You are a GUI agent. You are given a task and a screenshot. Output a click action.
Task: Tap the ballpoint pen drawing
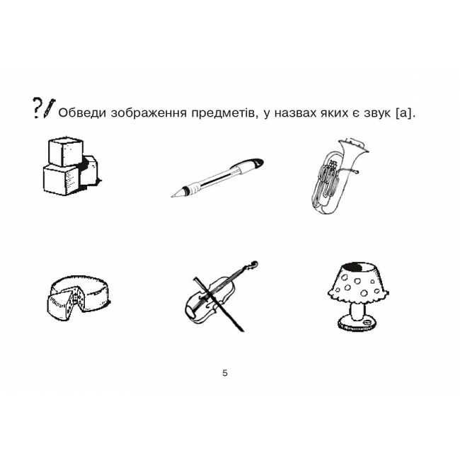(217, 177)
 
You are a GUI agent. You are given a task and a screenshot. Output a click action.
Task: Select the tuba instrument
(338, 176)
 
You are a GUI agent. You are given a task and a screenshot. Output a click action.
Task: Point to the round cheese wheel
(79, 297)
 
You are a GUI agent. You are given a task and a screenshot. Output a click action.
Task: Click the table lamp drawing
(358, 297)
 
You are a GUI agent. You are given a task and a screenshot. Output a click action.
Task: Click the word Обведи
(82, 113)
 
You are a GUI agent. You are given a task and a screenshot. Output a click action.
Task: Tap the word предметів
(223, 113)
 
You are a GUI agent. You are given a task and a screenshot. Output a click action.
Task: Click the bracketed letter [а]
(404, 113)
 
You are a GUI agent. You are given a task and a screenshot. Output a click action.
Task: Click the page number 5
(225, 373)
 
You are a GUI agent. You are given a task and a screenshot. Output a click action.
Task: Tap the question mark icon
(37, 108)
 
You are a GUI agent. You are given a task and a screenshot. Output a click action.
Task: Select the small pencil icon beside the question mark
(49, 108)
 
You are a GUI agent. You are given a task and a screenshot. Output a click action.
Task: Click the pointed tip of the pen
(172, 196)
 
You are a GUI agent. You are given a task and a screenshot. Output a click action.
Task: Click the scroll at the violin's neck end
(253, 265)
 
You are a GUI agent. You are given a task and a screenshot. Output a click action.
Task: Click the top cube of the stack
(66, 151)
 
